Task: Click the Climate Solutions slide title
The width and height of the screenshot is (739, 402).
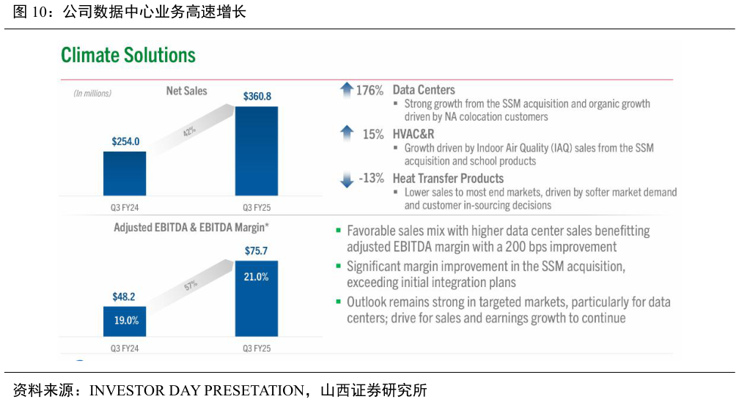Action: tap(128, 56)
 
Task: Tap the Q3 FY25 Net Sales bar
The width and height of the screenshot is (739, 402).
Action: tap(257, 151)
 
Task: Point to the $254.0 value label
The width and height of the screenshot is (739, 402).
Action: tap(125, 141)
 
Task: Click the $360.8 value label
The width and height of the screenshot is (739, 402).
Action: tap(257, 96)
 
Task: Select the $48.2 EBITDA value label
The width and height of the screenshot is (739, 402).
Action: tap(124, 297)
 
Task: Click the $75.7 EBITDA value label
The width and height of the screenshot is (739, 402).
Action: tap(257, 251)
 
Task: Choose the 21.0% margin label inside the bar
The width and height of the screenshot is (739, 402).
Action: tap(257, 277)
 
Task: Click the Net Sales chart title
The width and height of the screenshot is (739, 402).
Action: tap(187, 92)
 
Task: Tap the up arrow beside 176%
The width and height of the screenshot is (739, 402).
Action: tap(347, 90)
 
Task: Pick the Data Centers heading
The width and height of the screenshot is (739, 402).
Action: tap(424, 90)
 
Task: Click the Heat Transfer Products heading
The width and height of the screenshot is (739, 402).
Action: tap(448, 178)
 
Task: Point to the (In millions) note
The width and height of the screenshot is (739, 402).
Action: tap(92, 93)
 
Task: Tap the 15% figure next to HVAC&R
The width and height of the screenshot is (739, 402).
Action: tap(373, 134)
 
